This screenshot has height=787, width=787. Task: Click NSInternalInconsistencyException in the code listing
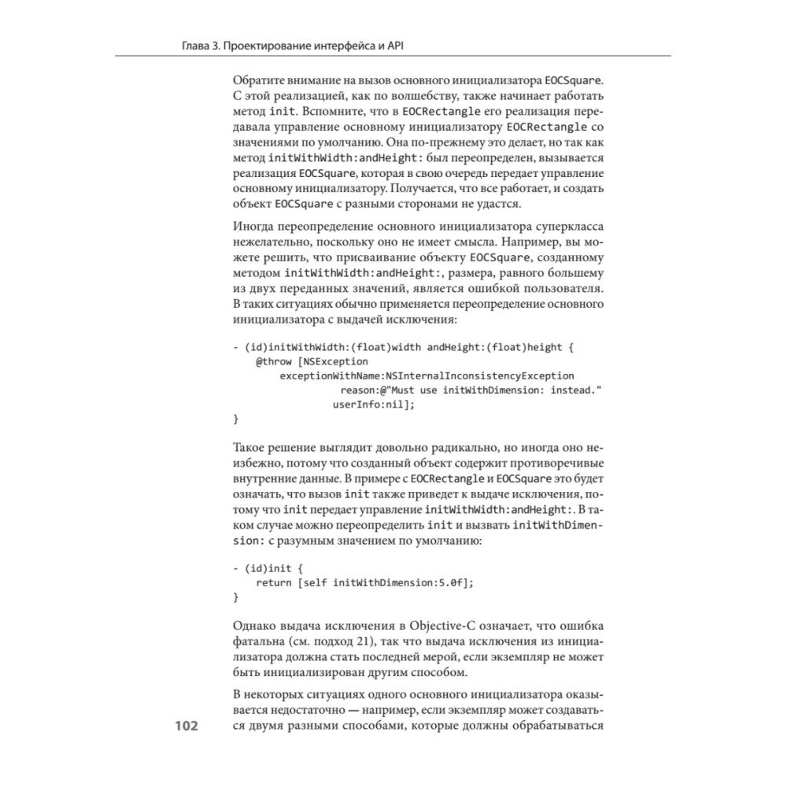(x=479, y=375)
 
